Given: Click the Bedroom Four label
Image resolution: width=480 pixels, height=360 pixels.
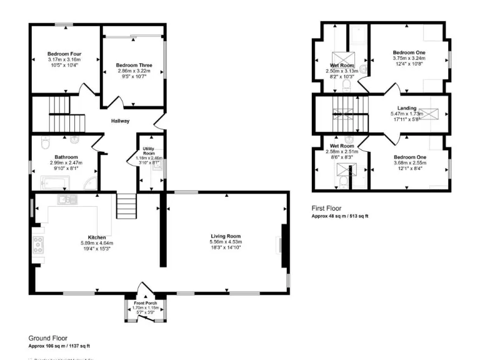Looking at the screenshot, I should pos(65,54).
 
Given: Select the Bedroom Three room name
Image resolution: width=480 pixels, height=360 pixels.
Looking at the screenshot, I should pos(134,65).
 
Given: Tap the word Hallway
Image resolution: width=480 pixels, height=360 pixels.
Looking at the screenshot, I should pos(121,121).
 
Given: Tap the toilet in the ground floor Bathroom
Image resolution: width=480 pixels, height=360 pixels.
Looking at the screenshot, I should pos(44,143).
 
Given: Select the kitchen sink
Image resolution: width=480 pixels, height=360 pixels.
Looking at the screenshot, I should pos(65,200).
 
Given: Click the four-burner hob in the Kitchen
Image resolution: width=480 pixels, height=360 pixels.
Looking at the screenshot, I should pos(38,244).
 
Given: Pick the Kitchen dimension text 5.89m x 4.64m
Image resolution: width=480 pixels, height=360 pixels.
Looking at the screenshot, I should pos(97,243).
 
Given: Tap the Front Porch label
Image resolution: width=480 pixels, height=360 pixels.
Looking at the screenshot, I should pos(145,303).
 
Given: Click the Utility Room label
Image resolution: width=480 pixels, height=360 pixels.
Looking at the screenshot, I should pos(149,151).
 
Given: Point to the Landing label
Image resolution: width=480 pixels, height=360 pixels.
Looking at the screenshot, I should pos(407,108).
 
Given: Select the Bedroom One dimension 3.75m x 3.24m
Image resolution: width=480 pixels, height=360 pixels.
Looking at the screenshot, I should pos(409,58).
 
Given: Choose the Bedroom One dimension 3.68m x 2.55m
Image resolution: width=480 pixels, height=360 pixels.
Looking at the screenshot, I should pos(409,162).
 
